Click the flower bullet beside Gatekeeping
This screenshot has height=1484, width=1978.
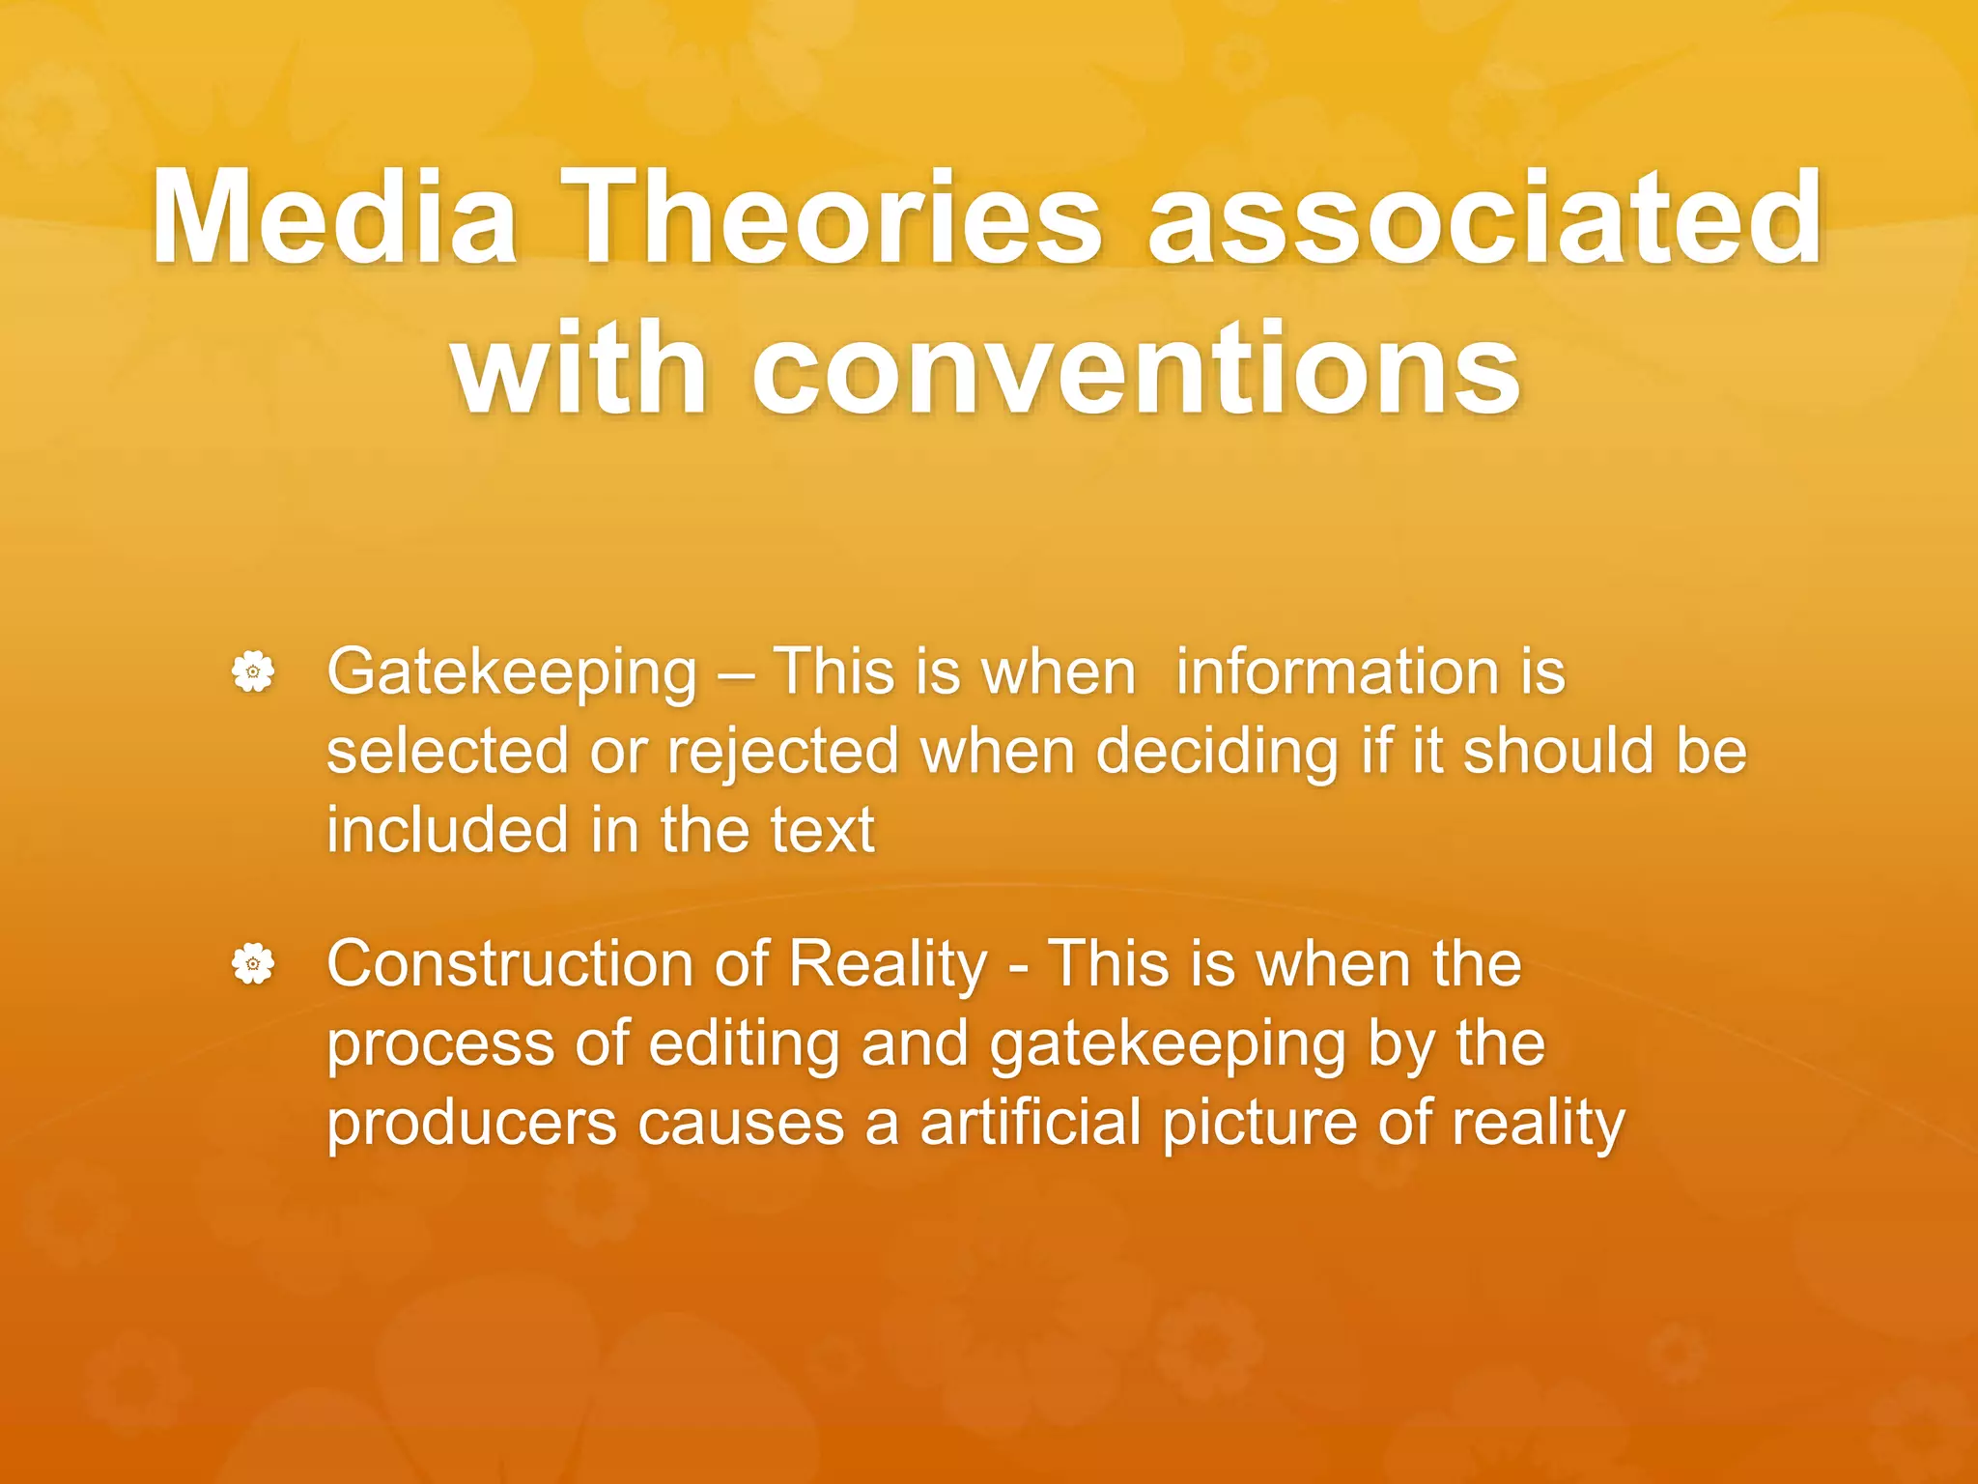click(253, 671)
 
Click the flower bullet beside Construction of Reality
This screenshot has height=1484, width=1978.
click(253, 963)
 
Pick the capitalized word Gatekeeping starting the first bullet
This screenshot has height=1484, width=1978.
click(512, 672)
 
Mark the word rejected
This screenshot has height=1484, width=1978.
click(783, 753)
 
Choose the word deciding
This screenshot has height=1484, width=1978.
click(1217, 753)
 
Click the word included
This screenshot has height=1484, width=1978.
click(447, 830)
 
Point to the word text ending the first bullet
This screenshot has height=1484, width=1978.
click(822, 830)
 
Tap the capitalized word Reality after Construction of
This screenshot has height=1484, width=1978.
click(888, 965)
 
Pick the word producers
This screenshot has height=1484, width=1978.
click(471, 1124)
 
